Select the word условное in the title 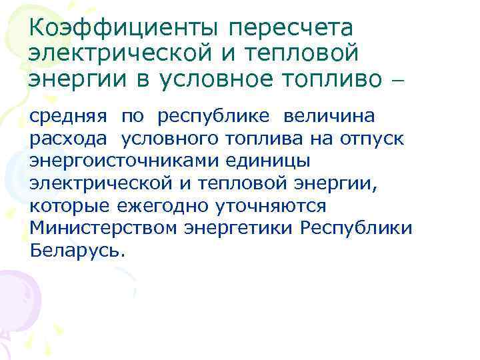coord(214,79)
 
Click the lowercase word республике coord(214,117)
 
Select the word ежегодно coord(169,206)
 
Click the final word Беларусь coord(76,251)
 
